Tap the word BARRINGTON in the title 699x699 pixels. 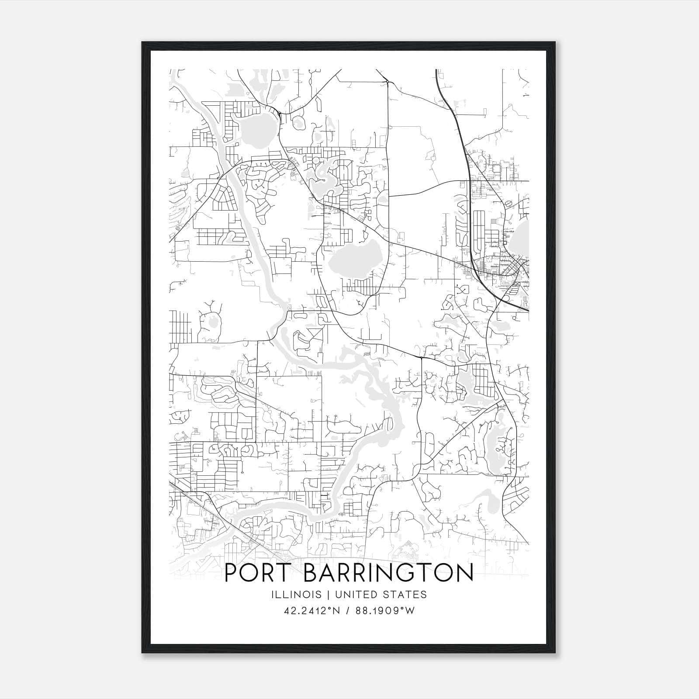388,573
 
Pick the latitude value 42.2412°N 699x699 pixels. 311,611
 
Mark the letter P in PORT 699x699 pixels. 232,573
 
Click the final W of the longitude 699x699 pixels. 409,611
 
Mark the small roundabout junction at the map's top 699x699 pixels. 388,81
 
